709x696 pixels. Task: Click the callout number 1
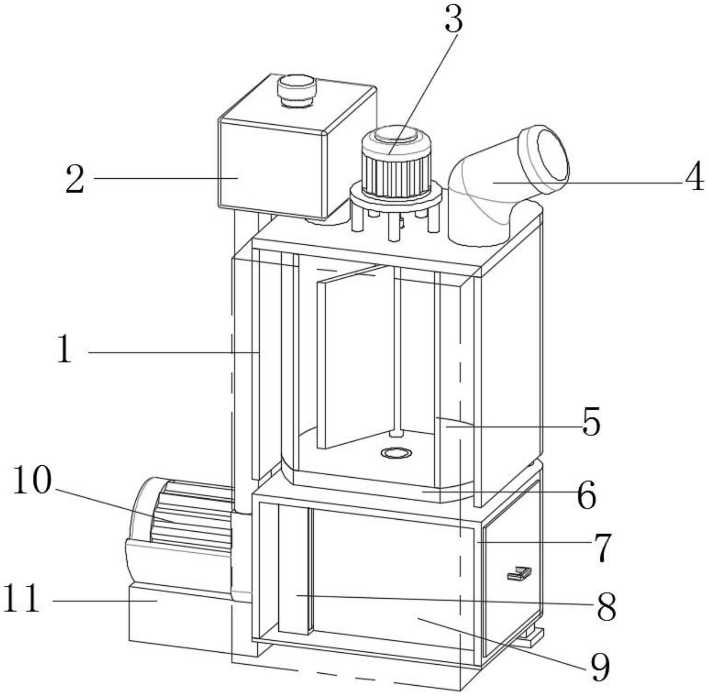click(x=65, y=349)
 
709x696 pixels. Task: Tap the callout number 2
click(x=75, y=179)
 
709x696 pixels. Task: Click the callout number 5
click(x=591, y=421)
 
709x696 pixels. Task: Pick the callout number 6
click(x=586, y=495)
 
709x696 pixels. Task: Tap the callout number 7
click(x=602, y=547)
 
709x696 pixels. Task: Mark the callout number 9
click(x=600, y=667)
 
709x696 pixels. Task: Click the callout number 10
click(x=33, y=480)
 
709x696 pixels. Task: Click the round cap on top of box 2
click(x=296, y=90)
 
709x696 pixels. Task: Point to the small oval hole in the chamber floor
click(x=396, y=453)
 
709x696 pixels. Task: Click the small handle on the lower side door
click(x=519, y=574)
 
